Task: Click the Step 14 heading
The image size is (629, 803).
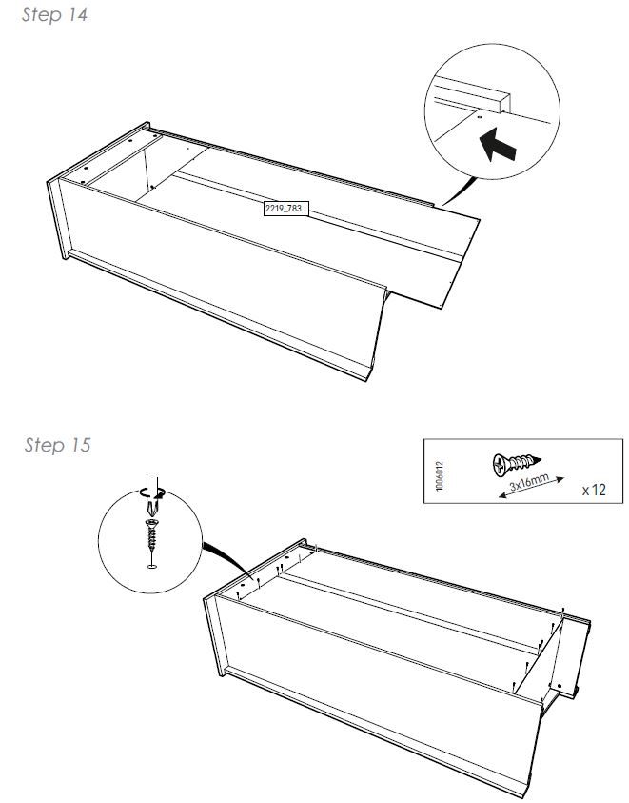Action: (x=54, y=14)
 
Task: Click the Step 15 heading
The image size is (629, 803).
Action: (x=57, y=445)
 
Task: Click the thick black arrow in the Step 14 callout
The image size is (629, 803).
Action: (x=497, y=145)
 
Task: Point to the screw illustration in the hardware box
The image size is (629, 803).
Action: (x=516, y=464)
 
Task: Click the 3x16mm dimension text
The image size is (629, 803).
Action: (x=529, y=482)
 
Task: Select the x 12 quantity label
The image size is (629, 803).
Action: (x=594, y=491)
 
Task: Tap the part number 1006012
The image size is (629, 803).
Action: (x=440, y=475)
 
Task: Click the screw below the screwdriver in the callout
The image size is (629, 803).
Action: (x=152, y=533)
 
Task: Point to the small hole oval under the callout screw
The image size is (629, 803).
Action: (x=152, y=566)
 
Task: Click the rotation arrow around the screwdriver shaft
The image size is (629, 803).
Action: (x=152, y=493)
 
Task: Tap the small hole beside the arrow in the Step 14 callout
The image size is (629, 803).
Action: (x=479, y=117)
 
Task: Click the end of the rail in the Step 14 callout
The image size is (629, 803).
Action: (x=503, y=104)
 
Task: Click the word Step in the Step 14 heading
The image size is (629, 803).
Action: (x=42, y=15)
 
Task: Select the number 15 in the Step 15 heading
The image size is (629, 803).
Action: (x=80, y=445)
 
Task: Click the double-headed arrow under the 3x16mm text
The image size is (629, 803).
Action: (x=531, y=488)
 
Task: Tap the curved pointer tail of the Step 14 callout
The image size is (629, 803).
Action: (x=459, y=192)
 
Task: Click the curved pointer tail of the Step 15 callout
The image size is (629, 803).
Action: (x=226, y=559)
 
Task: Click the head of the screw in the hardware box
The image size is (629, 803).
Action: (x=500, y=465)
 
